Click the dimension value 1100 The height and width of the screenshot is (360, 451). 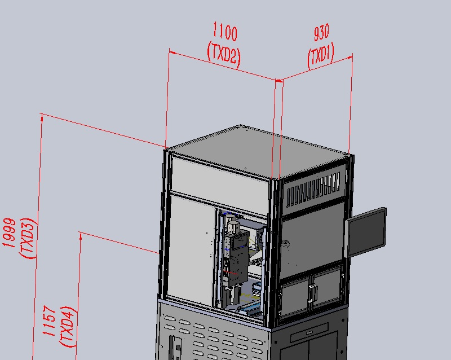click(x=225, y=32)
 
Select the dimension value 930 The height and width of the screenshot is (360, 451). click(x=321, y=32)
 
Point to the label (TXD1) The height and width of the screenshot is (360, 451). click(x=321, y=56)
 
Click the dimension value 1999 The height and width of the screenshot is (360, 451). click(x=9, y=232)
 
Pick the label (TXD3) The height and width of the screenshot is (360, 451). click(x=28, y=238)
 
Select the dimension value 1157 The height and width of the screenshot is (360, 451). click(x=50, y=321)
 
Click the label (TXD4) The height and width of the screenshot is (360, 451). click(x=68, y=327)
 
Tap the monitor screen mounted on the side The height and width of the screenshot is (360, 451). click(x=365, y=232)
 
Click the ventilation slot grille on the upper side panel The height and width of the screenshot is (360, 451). click(x=313, y=188)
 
